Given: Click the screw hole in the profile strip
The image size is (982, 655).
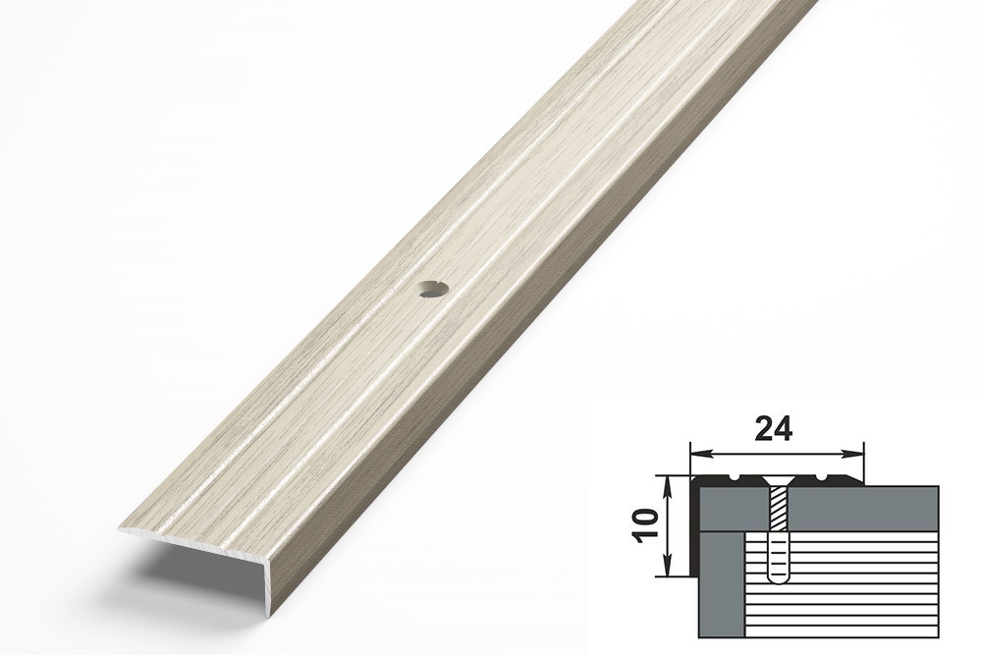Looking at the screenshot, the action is (x=433, y=290).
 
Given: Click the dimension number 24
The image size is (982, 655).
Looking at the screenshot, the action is (x=774, y=429).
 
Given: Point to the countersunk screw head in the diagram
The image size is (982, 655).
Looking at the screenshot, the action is (x=776, y=483).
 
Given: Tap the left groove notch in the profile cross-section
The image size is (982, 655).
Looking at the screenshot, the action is (x=733, y=480).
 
